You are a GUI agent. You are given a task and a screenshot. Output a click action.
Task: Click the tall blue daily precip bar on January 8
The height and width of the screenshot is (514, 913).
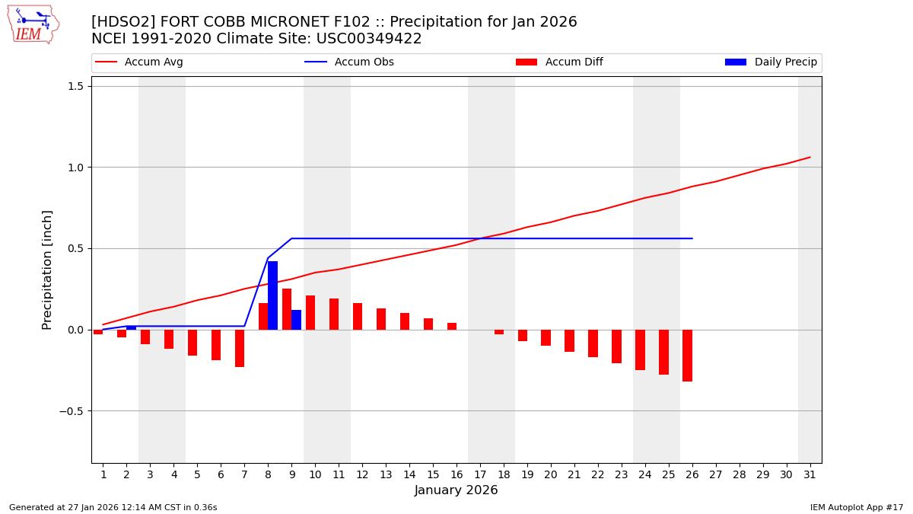point(272,295)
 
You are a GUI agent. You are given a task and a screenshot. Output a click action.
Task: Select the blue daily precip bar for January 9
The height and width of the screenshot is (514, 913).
point(296,320)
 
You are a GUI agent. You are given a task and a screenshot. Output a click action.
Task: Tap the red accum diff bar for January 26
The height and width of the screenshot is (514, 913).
point(687,356)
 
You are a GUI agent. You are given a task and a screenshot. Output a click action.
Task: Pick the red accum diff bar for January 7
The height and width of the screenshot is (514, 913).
point(240,348)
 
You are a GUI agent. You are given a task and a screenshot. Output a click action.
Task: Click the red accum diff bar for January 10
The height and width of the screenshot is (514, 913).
point(310,312)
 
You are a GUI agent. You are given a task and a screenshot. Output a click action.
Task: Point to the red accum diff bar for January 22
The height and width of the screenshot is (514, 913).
point(593,343)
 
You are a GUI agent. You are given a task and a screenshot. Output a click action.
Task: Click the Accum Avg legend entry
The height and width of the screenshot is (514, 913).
point(140,62)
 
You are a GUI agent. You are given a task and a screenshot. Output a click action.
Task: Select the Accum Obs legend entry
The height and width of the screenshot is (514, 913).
point(350,62)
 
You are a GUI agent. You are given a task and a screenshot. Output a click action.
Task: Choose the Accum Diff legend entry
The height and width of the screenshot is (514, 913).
point(560,62)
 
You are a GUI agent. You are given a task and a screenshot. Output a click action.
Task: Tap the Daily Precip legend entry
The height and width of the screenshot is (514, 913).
point(771,62)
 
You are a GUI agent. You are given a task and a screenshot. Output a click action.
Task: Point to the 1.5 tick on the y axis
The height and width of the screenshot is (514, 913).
point(75,86)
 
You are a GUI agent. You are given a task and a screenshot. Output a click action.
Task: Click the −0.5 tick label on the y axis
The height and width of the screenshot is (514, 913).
point(72,411)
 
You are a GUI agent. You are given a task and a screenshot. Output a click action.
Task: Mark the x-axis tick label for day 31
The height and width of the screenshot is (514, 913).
point(810,475)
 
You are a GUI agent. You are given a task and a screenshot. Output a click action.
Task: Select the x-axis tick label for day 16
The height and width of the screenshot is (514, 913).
point(456,475)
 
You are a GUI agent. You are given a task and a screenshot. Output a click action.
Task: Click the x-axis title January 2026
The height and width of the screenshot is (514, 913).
point(456,491)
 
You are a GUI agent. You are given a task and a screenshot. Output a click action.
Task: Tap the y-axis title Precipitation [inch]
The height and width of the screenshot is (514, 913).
point(48,270)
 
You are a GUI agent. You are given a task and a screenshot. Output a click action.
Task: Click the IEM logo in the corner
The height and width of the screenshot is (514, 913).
point(33,24)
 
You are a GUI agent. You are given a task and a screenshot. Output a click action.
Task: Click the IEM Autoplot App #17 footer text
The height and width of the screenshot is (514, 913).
point(856,507)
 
